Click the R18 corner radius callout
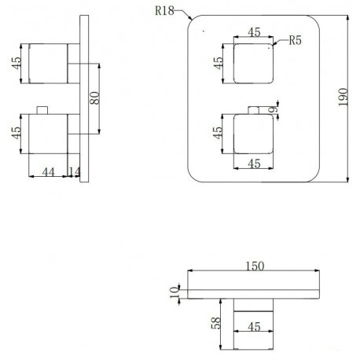click(164, 11)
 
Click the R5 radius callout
click(295, 40)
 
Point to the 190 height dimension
click(343, 97)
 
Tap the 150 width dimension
click(255, 266)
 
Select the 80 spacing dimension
click(94, 98)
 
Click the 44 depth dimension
click(48, 172)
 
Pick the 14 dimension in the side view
click(75, 172)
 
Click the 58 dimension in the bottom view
click(216, 323)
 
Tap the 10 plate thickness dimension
click(174, 292)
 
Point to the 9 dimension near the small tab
click(273, 109)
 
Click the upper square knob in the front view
click(253, 64)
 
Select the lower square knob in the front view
click(253, 134)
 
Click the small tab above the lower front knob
click(253, 110)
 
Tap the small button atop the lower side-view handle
click(42, 110)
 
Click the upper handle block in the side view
click(48, 64)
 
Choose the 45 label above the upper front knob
click(254, 32)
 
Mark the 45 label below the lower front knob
click(254, 163)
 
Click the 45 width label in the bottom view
click(254, 327)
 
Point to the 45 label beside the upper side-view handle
click(16, 63)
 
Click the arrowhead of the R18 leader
click(190, 18)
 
